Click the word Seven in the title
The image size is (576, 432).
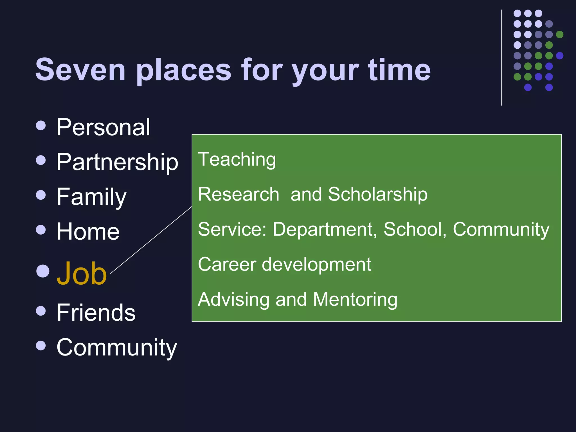(x=80, y=70)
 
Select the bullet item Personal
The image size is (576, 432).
(x=103, y=127)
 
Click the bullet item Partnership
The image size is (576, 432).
(x=117, y=162)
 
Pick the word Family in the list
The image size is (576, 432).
(x=91, y=197)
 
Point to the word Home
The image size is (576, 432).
(x=88, y=231)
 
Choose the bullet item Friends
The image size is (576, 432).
(x=96, y=312)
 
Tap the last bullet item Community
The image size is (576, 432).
(x=117, y=348)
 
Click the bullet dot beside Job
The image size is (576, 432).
(x=43, y=271)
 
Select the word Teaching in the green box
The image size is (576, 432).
(x=237, y=159)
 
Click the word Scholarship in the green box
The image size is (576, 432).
(x=378, y=194)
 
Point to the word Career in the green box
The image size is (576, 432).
(x=227, y=264)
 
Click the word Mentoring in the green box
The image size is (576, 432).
(x=355, y=299)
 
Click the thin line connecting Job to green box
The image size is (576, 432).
(x=151, y=240)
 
